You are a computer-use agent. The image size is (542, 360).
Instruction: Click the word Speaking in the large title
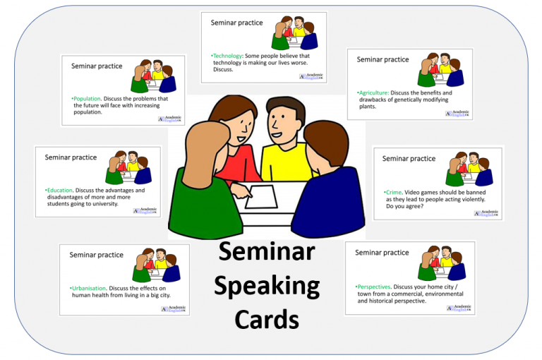tap(267, 287)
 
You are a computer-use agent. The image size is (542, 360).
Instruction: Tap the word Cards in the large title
tap(267, 319)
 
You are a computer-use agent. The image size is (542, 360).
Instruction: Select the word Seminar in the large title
tap(267, 252)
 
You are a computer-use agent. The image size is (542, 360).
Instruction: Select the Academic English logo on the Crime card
tap(486, 212)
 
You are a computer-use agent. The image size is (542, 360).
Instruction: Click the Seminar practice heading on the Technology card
tap(236, 23)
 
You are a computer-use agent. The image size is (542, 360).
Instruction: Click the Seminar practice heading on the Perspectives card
tap(382, 252)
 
